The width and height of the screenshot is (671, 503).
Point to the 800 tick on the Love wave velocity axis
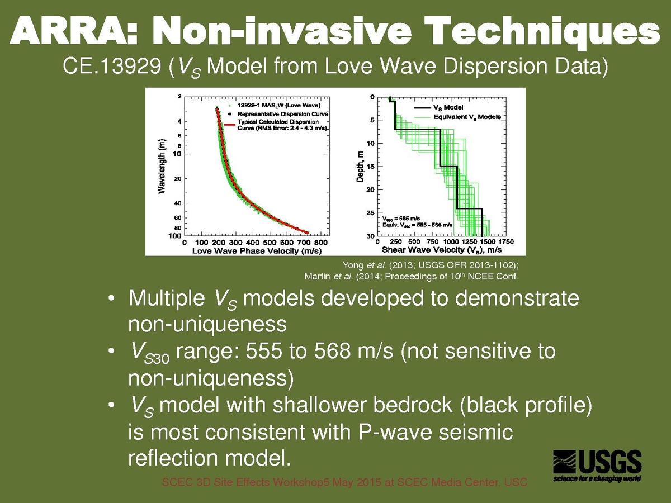pos(320,243)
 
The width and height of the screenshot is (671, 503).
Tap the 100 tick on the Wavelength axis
pos(174,235)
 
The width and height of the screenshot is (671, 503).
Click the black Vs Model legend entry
pos(448,107)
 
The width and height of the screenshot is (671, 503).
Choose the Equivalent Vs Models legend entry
pos(466,117)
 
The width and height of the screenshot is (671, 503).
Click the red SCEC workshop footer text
pos(344,482)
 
